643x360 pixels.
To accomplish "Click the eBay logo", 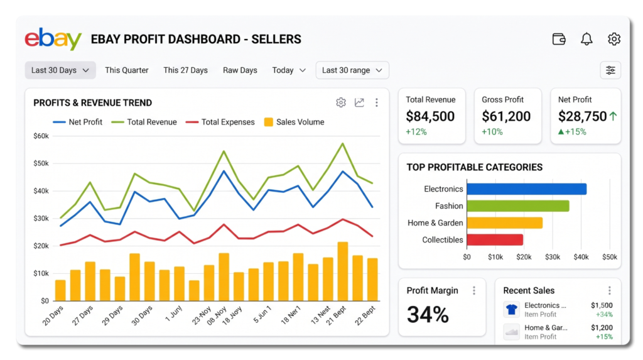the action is (53, 39).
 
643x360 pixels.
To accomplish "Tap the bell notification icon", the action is (586, 39).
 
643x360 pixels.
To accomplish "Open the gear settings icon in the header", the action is (614, 39).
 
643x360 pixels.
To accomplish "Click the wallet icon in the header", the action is (559, 39).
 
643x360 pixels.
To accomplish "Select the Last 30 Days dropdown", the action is (60, 70).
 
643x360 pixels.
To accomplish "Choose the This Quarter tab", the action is (127, 70).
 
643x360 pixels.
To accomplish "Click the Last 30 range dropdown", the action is (352, 70).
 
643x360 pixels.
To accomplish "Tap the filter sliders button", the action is (610, 70).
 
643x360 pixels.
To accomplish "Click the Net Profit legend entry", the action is (77, 122).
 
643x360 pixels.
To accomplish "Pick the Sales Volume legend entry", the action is (294, 122).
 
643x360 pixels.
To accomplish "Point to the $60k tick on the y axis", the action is (41, 136).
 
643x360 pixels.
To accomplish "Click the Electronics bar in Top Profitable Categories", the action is (527, 189).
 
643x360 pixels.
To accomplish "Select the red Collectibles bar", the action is (495, 240).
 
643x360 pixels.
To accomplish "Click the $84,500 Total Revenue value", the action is (430, 117).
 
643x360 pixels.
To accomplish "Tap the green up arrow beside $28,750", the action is (613, 116).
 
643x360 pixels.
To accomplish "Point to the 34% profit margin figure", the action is (428, 315).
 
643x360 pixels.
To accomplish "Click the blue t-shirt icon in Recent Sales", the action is (511, 310).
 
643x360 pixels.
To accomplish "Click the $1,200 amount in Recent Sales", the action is (602, 327).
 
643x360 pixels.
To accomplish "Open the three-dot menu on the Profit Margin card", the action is (474, 291).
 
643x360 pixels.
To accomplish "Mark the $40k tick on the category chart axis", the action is (581, 257).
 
